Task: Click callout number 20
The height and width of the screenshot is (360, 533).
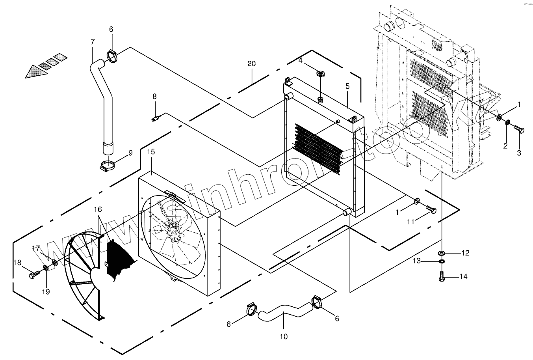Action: [251, 63]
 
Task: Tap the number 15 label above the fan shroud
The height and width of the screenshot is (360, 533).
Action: [151, 152]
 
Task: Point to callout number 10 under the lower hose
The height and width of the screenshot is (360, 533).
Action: [284, 336]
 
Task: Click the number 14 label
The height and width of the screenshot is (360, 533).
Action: [463, 277]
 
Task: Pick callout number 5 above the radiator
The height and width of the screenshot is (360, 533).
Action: [347, 86]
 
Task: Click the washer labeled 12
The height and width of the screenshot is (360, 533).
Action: [442, 252]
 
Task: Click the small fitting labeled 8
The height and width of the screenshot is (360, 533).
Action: [155, 118]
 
